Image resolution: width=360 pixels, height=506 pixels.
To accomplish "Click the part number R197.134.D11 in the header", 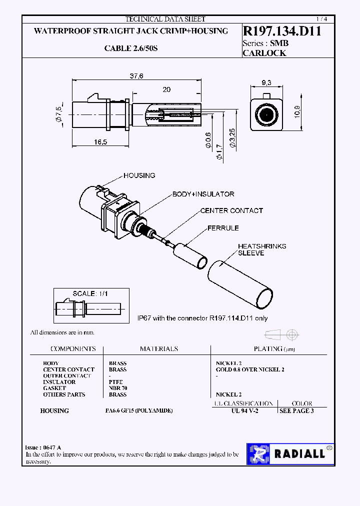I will pos(281,31).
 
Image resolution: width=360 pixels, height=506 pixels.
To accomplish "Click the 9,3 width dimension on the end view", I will pos(266,82).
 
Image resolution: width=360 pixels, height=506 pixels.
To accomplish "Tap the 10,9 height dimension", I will pos(296,113).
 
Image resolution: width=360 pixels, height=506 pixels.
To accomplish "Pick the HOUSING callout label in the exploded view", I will pos(139,175).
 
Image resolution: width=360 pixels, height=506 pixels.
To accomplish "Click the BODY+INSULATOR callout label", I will pos(203,194).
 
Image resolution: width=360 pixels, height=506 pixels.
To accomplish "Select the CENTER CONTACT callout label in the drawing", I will pos(231,210).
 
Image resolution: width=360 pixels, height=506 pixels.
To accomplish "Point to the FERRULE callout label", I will pos(223,228).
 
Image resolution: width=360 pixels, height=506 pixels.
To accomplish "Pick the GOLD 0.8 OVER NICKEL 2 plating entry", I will pos(250,369).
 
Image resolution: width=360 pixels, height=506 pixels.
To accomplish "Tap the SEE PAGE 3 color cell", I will pos(296,410).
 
